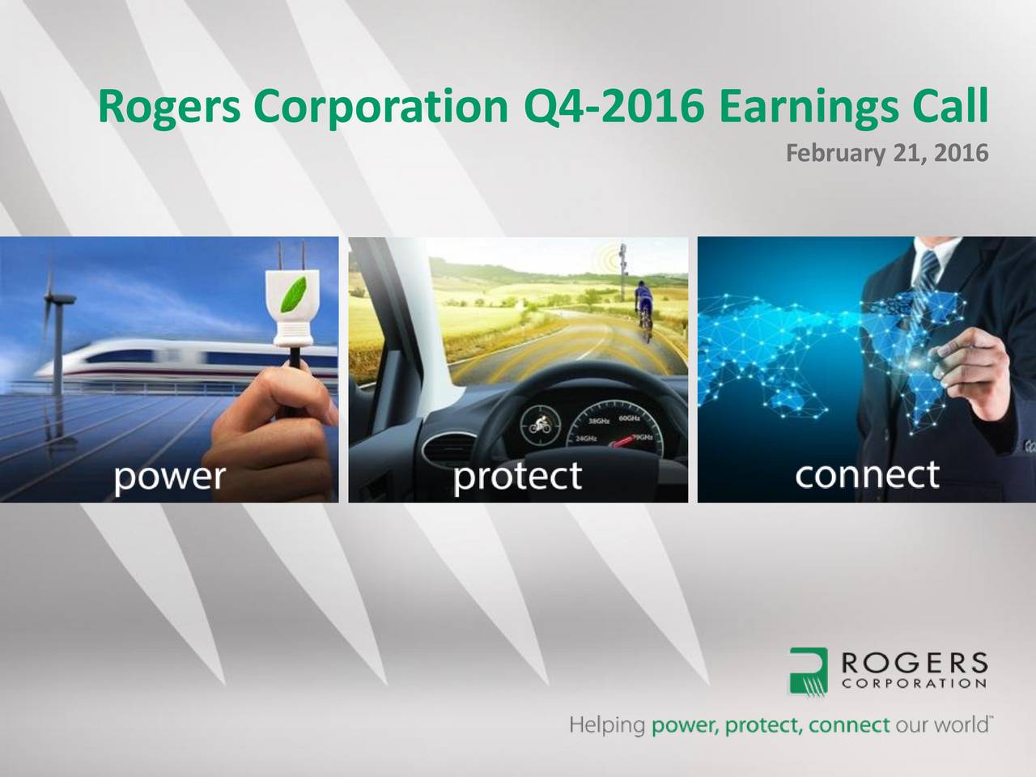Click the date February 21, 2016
pos(887,152)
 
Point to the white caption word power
pos(169,477)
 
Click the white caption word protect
pos(517,476)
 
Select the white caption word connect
pos(867,475)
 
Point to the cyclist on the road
pos(643,304)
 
